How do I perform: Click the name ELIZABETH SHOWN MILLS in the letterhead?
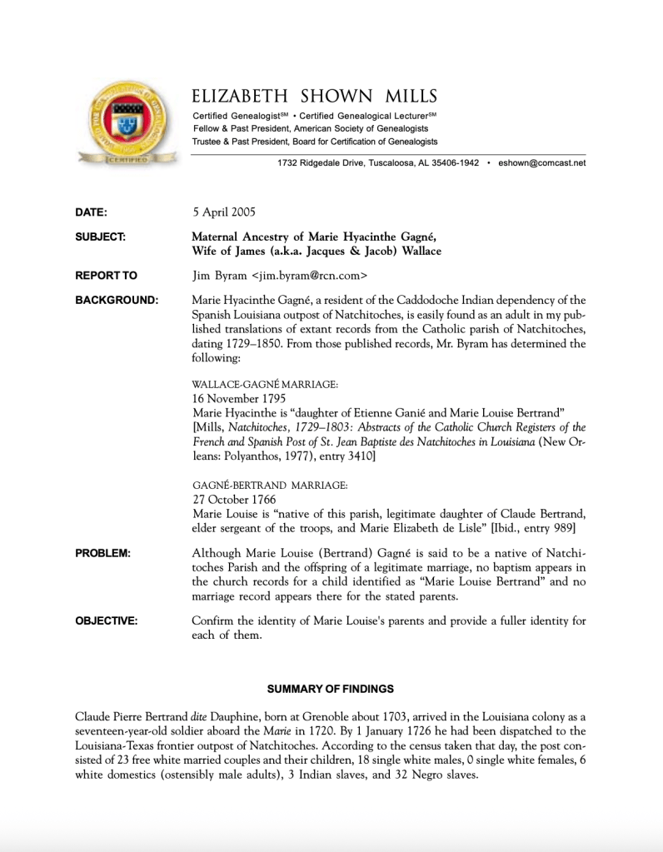[314, 97]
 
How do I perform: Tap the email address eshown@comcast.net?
[541, 163]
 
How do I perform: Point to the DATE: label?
[91, 212]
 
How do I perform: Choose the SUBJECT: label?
[100, 237]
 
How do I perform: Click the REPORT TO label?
[106, 276]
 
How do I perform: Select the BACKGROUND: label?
[116, 300]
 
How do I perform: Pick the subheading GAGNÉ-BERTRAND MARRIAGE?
[270, 485]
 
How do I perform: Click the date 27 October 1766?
[234, 499]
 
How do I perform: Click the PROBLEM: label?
[102, 554]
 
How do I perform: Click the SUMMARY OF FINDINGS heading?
[331, 689]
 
